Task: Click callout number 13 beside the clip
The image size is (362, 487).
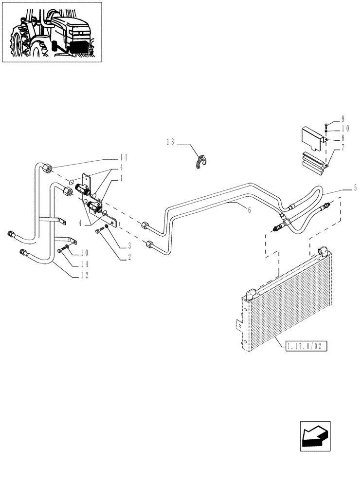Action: coord(170,142)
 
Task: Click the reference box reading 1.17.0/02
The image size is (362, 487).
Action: coord(305,346)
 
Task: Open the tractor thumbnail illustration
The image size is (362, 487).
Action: coord(52,32)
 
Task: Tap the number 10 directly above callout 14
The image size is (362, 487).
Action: coord(85,252)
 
